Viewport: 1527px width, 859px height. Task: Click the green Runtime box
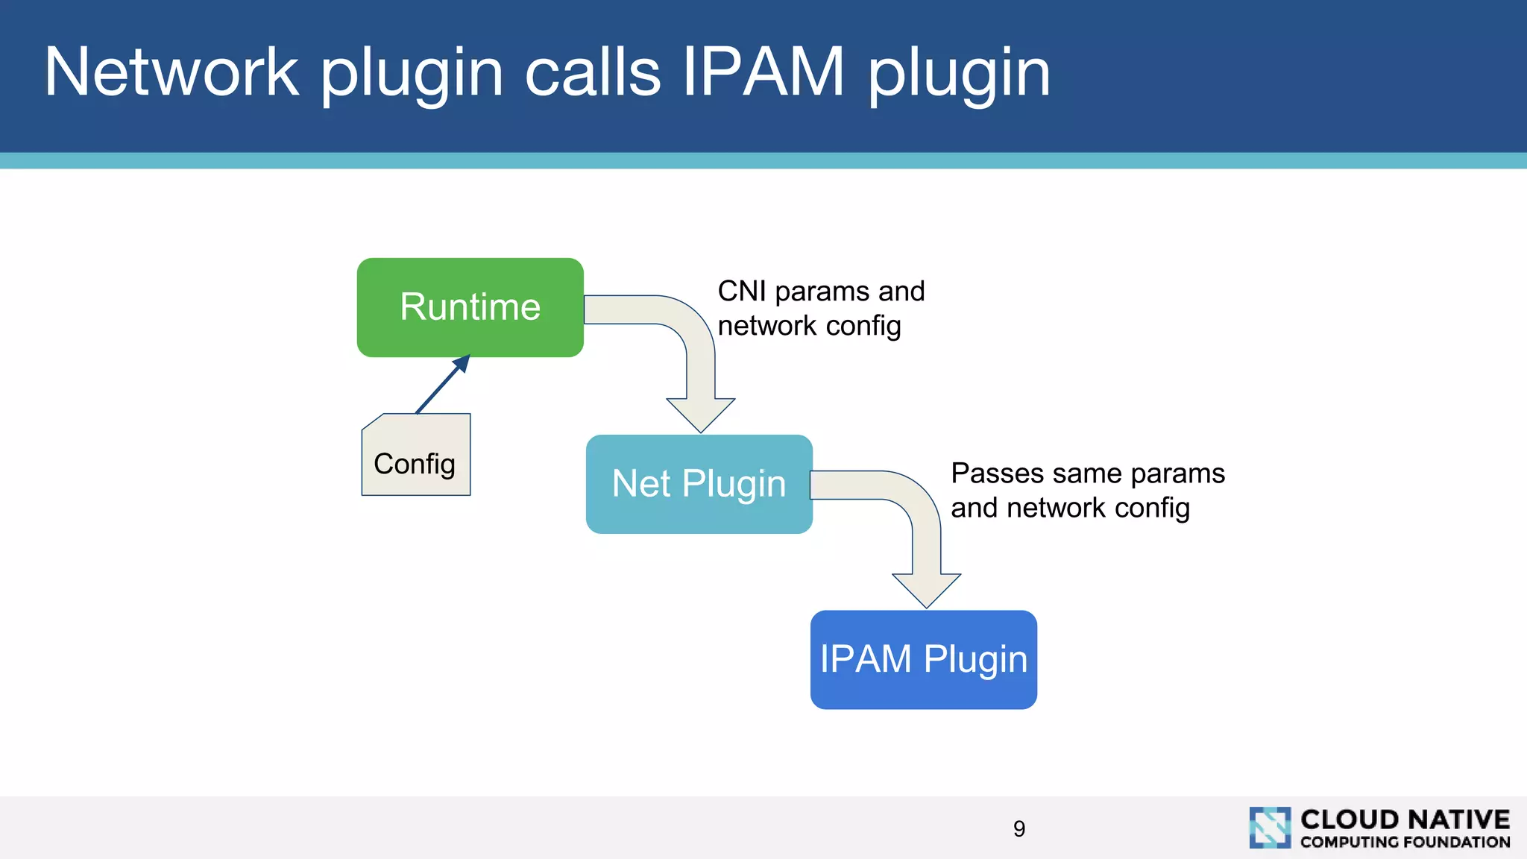470,307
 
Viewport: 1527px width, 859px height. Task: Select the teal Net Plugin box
699,484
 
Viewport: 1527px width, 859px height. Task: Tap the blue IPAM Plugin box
923,659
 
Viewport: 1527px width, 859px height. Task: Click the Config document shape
416,456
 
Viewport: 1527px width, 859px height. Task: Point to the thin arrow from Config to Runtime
442,385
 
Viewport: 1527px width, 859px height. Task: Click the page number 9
1019,828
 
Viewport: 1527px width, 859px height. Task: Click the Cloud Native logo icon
1270,828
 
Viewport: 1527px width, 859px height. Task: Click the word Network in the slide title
171,72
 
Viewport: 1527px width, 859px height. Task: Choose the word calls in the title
593,72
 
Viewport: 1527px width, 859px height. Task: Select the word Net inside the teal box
641,484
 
